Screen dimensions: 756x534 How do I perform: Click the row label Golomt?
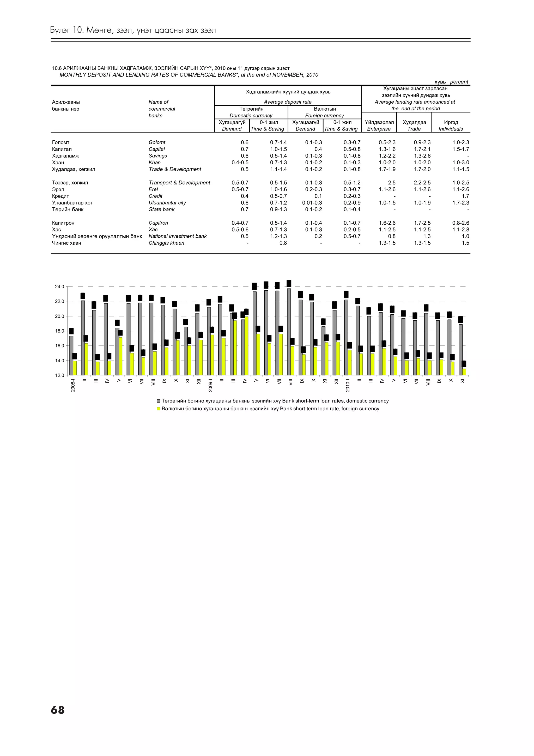click(x=157, y=142)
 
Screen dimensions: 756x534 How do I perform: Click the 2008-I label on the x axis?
click(x=73, y=385)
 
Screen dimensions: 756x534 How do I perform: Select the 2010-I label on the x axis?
click(x=348, y=385)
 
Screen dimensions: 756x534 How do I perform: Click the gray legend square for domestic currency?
click(x=158, y=401)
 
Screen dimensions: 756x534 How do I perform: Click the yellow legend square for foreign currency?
click(x=158, y=409)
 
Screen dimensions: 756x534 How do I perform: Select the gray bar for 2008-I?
click(x=71, y=356)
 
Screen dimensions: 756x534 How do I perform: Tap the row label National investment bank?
click(x=178, y=236)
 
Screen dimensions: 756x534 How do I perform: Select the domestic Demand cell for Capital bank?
click(x=245, y=149)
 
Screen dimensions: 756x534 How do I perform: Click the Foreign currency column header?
click(x=324, y=116)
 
